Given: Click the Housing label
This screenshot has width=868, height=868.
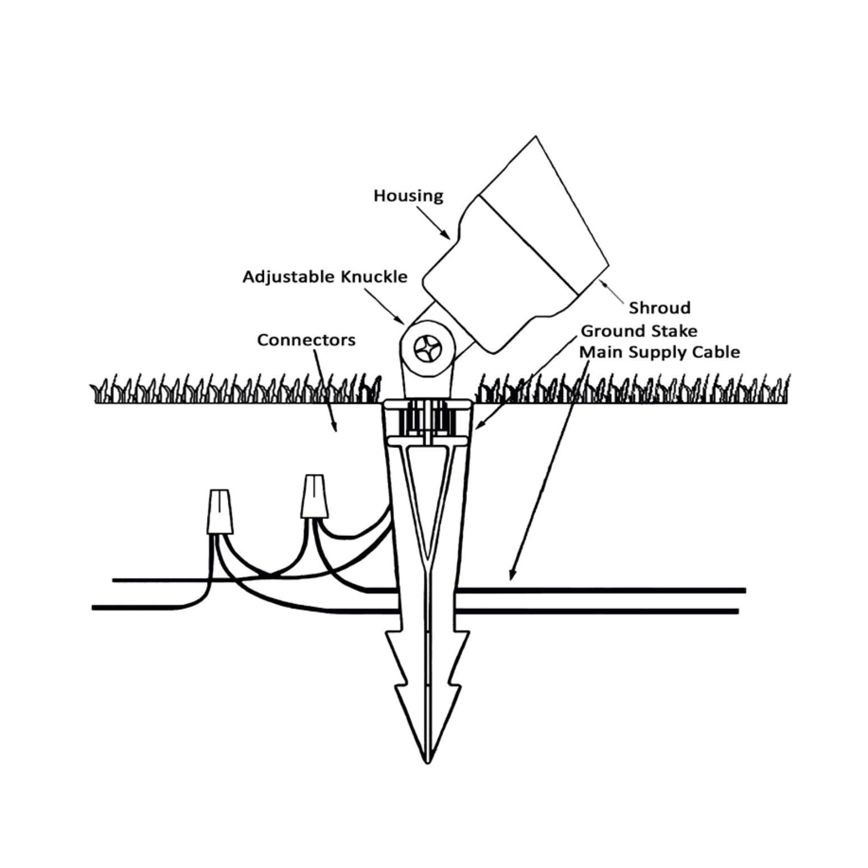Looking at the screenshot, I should point(408,196).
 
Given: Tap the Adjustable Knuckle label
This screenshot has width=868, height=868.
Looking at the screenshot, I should point(325,277).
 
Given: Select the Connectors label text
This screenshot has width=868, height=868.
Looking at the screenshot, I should point(306,340).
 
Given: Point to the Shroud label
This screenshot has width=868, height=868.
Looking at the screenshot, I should point(660,308).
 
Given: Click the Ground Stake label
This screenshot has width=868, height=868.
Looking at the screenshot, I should point(639,331).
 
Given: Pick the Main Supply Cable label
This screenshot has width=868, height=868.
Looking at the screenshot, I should point(660,352).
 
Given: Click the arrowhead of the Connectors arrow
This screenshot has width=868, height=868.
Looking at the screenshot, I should point(335,429).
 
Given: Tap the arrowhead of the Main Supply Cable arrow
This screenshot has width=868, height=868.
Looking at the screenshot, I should point(511,578).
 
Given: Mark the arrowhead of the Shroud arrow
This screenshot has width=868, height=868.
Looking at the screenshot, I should point(601,282).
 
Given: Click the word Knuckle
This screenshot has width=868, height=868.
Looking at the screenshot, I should point(374,277).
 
